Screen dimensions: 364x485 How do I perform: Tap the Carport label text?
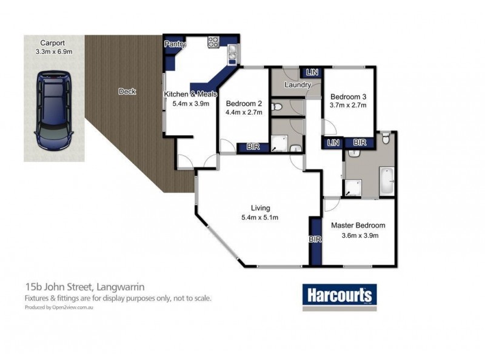click(53, 43)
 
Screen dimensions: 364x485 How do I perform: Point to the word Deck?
click(127, 92)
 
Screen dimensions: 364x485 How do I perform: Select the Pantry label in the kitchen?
click(175, 44)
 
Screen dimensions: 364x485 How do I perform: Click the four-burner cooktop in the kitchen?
click(214, 42)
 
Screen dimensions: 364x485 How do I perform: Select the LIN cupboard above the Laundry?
click(312, 72)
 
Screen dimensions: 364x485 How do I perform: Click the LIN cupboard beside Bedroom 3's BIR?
click(332, 143)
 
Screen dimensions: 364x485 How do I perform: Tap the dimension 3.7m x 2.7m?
click(348, 106)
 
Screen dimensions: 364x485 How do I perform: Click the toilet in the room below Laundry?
click(277, 107)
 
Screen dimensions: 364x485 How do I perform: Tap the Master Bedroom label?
click(358, 225)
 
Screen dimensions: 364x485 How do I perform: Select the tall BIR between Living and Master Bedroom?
click(315, 240)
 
